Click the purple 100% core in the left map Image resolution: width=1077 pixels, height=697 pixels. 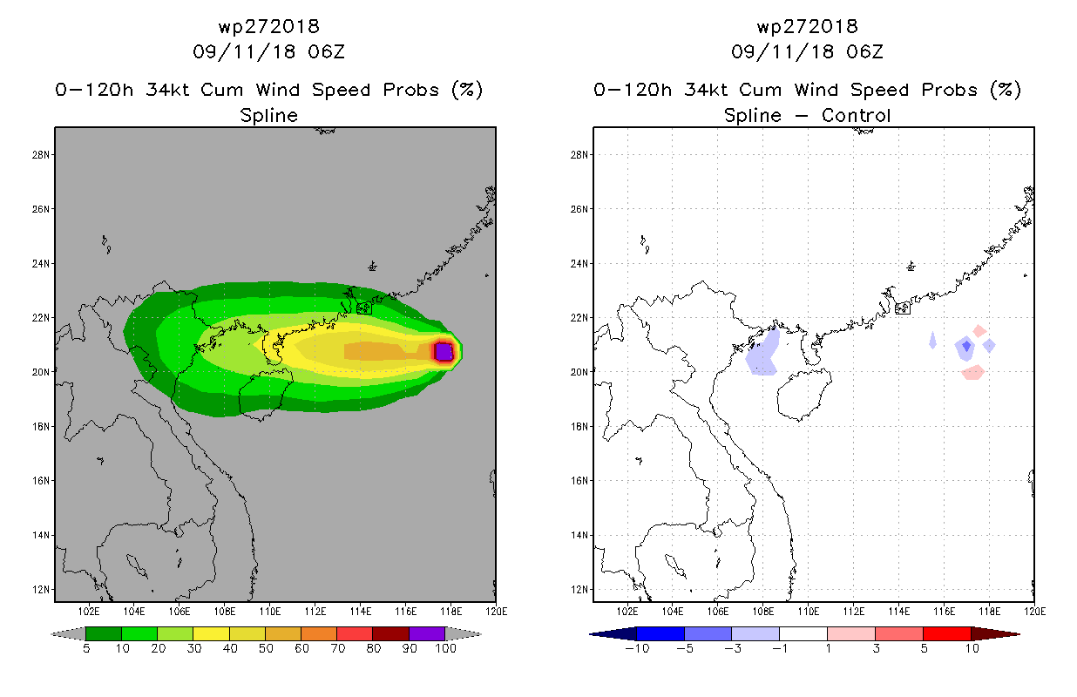coord(444,352)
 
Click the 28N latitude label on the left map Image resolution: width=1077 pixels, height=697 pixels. coord(40,155)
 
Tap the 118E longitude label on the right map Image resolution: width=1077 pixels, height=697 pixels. coord(990,612)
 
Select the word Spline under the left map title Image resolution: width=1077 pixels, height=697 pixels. coord(268,116)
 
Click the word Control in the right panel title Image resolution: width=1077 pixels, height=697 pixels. coord(856,115)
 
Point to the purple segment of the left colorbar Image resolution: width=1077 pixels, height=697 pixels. coord(427,633)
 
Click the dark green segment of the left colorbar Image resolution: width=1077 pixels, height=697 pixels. coord(104,633)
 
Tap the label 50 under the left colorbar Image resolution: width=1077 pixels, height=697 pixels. coord(266,648)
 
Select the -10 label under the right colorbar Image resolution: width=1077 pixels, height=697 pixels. coord(637,648)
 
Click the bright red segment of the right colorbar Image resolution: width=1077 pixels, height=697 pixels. coord(947,633)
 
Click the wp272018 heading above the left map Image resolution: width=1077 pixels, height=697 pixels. coord(268,27)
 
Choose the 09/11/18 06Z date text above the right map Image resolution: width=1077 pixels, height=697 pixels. coord(807,52)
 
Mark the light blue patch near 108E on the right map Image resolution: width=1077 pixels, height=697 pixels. coord(763,354)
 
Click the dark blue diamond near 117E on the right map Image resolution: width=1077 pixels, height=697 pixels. coord(966,346)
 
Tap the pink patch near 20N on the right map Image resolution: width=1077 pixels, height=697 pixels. coord(973,373)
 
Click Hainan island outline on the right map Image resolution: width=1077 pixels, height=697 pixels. coord(777,394)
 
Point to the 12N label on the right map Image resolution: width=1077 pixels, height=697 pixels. coord(579,590)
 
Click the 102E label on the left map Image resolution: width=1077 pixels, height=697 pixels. coord(89,612)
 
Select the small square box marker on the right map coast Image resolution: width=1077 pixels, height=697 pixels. coord(903,308)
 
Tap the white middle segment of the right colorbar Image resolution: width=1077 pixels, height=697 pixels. coord(803,633)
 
